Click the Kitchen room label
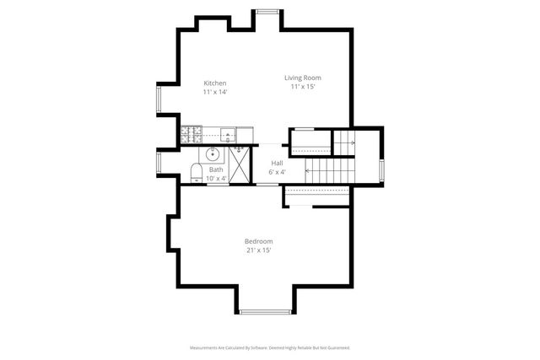(215, 83)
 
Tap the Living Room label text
(302, 78)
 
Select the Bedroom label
(258, 241)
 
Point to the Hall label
(277, 163)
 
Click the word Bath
(216, 169)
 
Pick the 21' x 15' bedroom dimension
(258, 250)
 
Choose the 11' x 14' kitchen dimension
(215, 92)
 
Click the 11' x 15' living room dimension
(302, 87)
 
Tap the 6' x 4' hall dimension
(277, 172)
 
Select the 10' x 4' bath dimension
(216, 178)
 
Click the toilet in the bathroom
(196, 174)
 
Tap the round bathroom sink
(213, 154)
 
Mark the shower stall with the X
(240, 164)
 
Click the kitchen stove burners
(191, 133)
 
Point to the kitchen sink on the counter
(229, 133)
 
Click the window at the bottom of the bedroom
(264, 312)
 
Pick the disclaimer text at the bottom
(268, 347)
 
